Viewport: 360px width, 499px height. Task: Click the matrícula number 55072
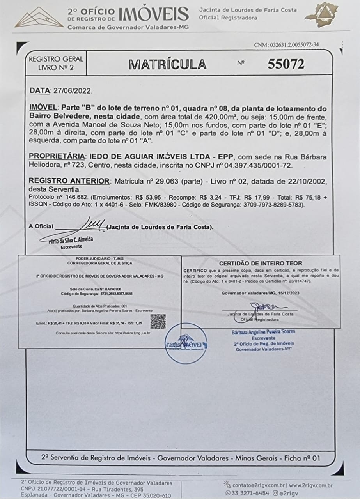tap(286, 64)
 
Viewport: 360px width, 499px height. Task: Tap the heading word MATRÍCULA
tap(168, 64)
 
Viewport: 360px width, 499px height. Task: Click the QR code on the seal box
tap(158, 321)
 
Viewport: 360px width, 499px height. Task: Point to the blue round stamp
tap(186, 343)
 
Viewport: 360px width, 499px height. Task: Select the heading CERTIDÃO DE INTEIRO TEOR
tap(261, 263)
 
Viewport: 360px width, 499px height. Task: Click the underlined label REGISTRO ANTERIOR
tap(69, 181)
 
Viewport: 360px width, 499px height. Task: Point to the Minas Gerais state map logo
tap(323, 15)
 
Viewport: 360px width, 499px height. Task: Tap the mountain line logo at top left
tap(39, 18)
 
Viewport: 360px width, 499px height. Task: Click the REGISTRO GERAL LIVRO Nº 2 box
tap(55, 64)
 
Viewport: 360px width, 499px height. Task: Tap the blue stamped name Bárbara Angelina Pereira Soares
tap(263, 332)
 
